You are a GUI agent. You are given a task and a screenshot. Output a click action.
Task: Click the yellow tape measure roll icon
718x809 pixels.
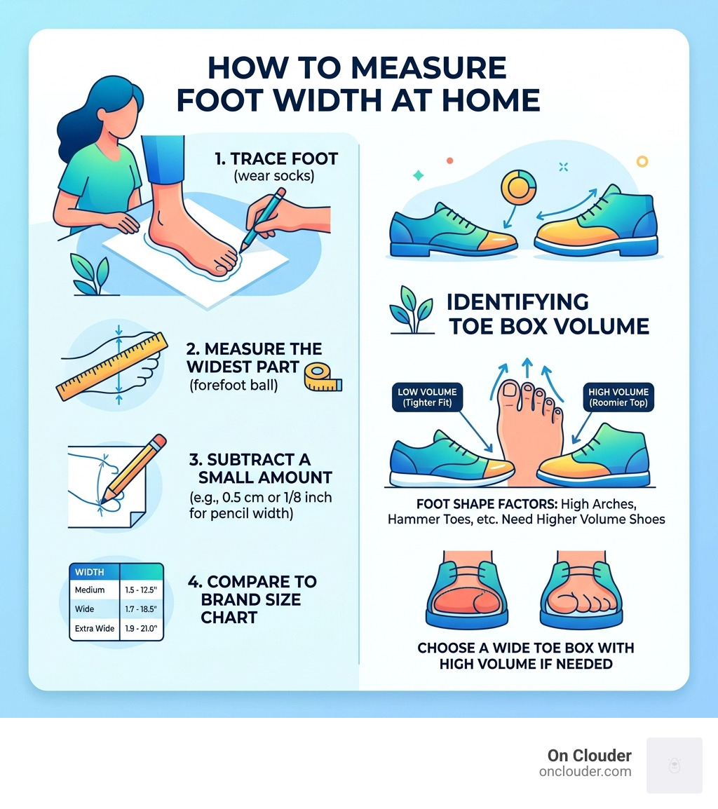coord(323,376)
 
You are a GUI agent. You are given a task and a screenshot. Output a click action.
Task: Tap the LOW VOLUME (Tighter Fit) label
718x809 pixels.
coord(427,397)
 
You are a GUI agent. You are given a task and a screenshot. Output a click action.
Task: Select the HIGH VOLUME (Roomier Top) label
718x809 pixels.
coord(618,397)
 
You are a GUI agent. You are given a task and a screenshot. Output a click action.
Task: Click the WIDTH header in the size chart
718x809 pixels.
coord(89,572)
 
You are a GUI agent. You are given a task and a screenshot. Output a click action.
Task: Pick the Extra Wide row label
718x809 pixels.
coord(95,628)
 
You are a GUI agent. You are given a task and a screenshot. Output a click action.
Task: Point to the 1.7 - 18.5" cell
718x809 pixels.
coord(141,609)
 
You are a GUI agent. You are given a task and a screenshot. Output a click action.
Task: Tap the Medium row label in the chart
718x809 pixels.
coord(89,590)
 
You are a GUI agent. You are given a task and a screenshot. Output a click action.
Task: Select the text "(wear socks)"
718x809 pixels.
coord(273,176)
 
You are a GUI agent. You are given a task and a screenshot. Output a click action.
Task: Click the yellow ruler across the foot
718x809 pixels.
coord(112,367)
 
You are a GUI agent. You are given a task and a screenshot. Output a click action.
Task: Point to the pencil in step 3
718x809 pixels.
coord(134,468)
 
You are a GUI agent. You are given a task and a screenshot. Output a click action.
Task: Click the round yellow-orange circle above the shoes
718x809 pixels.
coord(518,187)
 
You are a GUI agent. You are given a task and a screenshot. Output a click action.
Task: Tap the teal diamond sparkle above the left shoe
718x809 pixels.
coord(418,175)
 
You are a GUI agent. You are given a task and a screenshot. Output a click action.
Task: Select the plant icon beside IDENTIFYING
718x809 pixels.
coord(411,311)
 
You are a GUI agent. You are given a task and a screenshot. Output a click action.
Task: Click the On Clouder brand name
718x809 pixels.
coord(590,756)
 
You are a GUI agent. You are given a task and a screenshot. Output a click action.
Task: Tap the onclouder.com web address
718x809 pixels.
coord(585,772)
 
